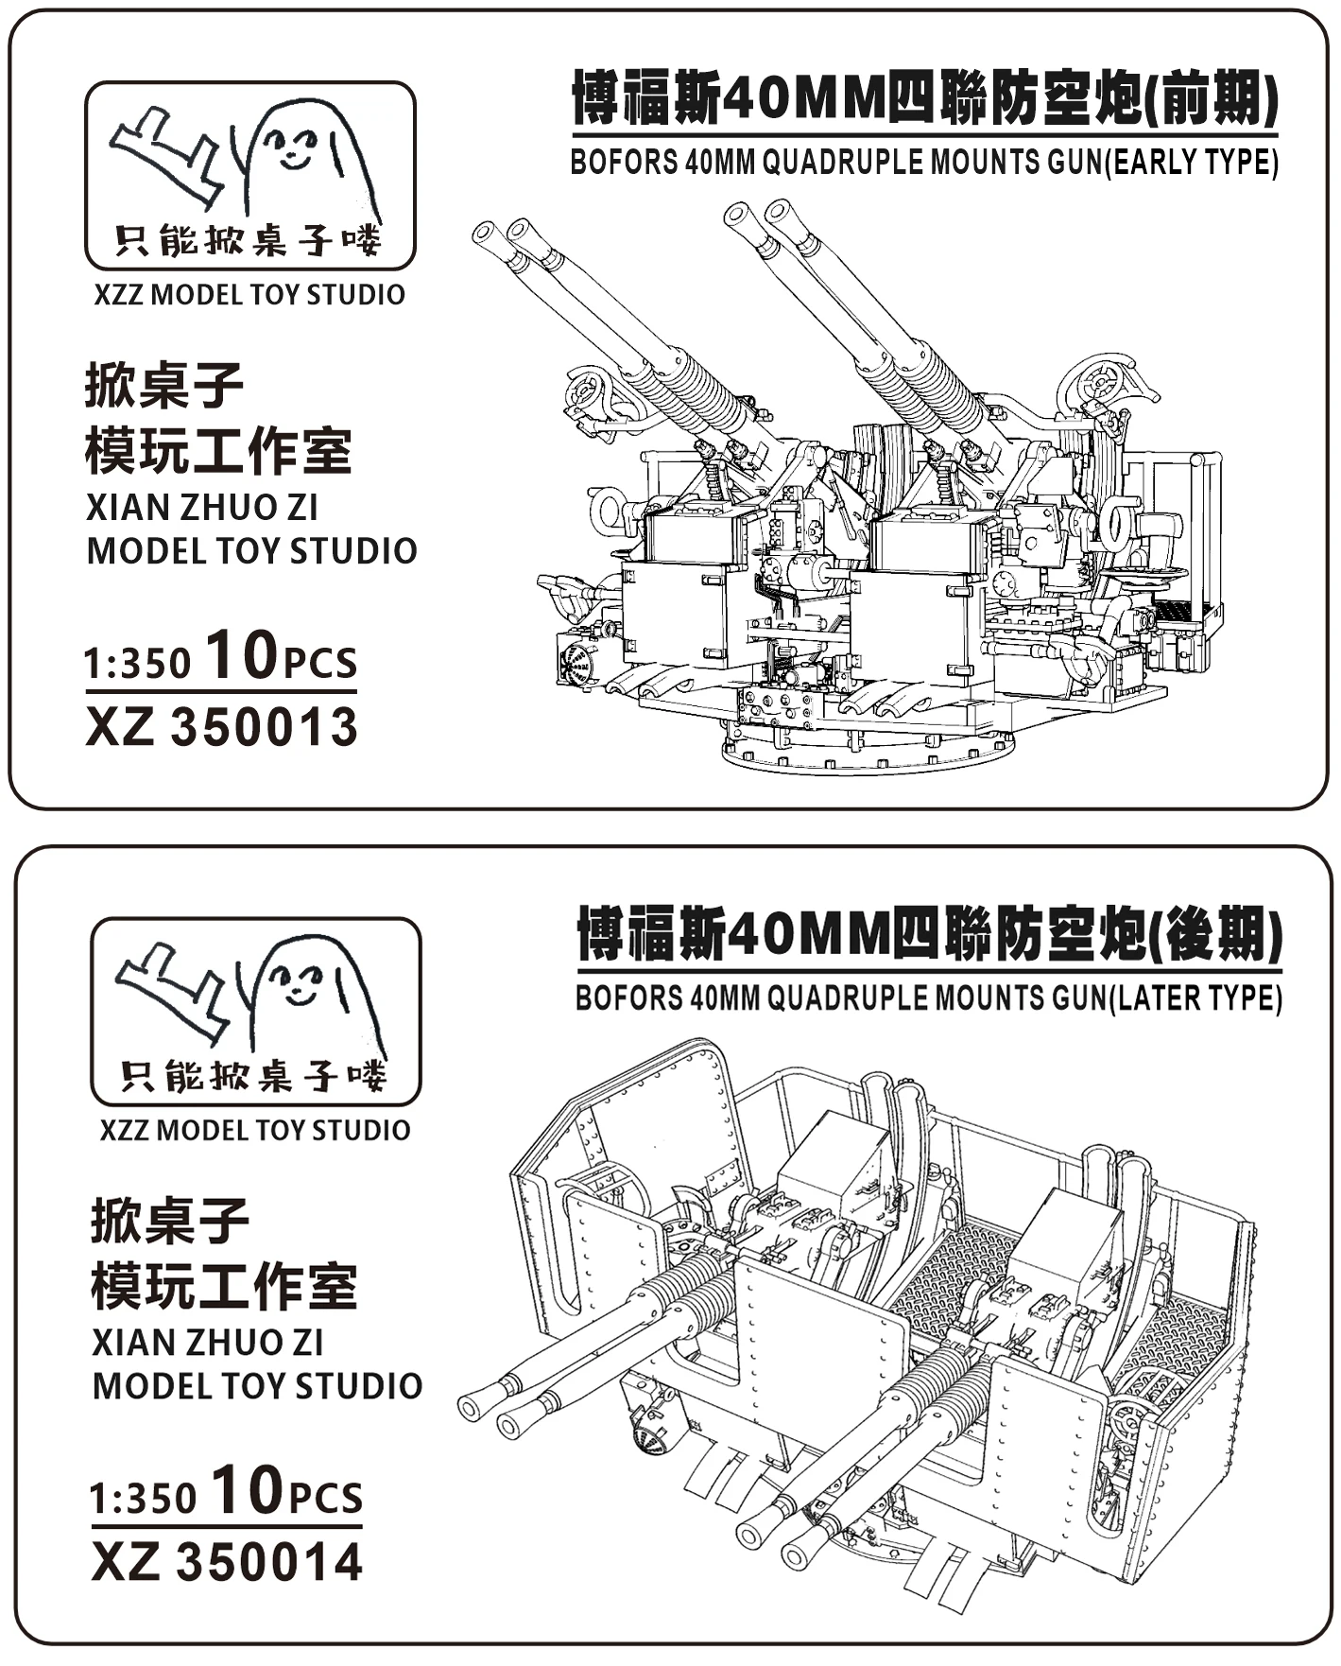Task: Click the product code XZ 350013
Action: pyautogui.click(x=222, y=727)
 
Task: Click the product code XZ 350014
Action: pyautogui.click(x=227, y=1562)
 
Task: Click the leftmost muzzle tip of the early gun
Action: pyautogui.click(x=484, y=233)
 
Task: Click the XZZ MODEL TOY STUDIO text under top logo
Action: pyautogui.click(x=249, y=294)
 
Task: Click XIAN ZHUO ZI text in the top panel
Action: pyautogui.click(x=202, y=508)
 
